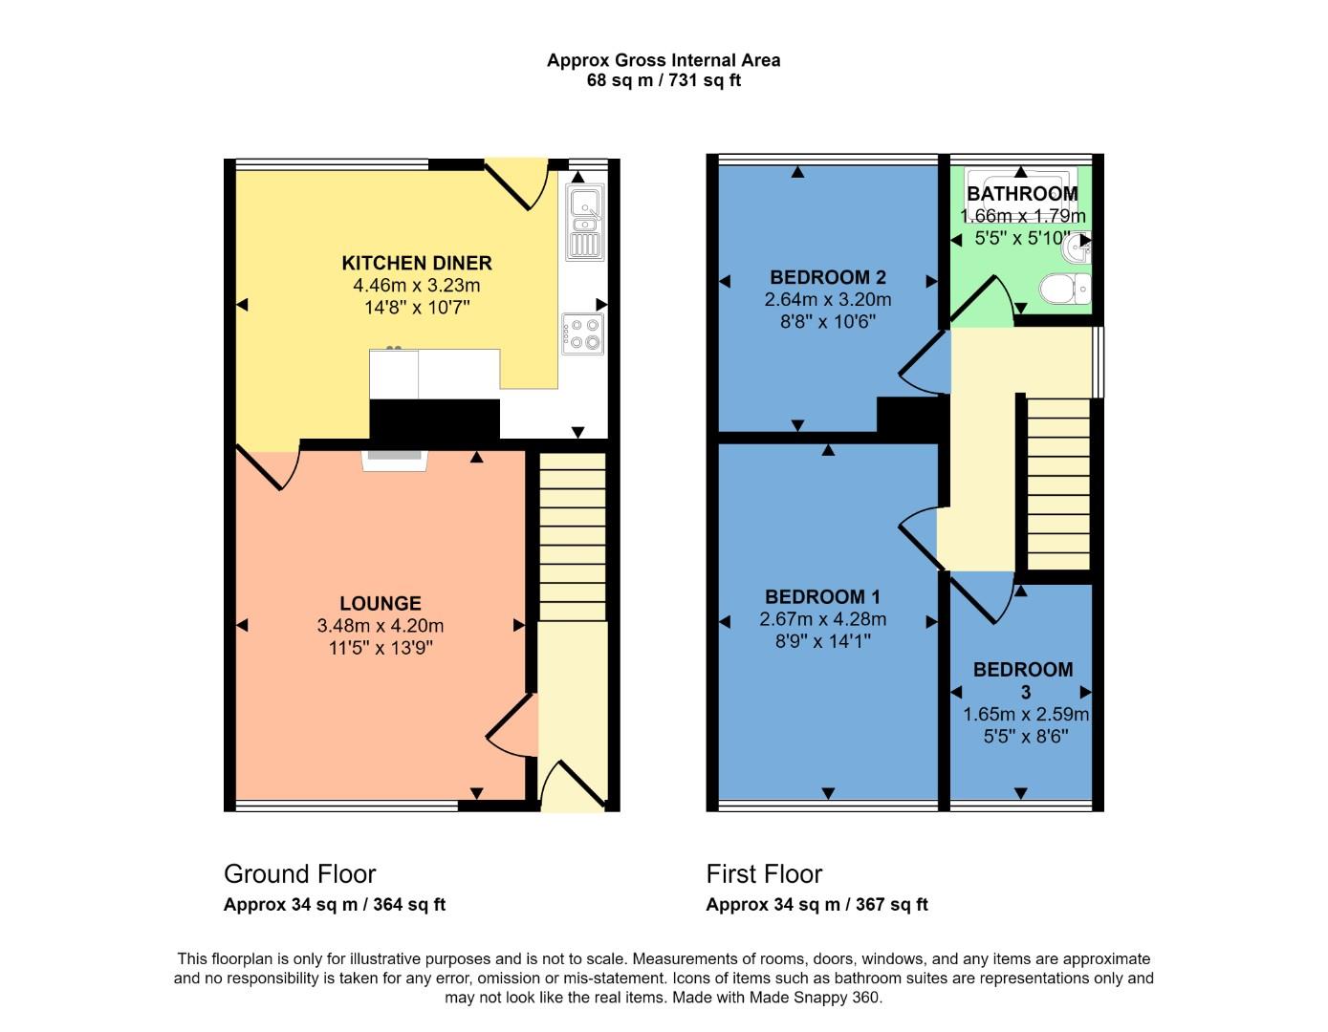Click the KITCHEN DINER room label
417,263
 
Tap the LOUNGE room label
381,603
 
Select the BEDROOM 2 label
828,277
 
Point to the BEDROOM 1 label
822,596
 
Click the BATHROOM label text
1022,194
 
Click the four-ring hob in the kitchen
582,333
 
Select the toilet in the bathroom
1065,288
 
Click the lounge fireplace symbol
394,460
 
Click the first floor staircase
1058,484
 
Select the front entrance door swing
572,785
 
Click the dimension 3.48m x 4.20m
381,626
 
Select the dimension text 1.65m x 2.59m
1026,714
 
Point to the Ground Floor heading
299,873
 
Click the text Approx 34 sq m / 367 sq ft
816,904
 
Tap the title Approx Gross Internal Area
664,60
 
